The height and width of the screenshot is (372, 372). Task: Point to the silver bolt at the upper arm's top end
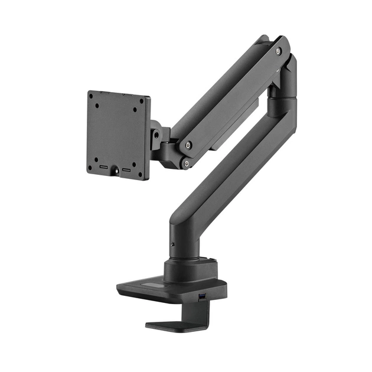coord(278,51)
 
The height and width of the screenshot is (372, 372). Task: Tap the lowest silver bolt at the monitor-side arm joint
coord(187,164)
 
